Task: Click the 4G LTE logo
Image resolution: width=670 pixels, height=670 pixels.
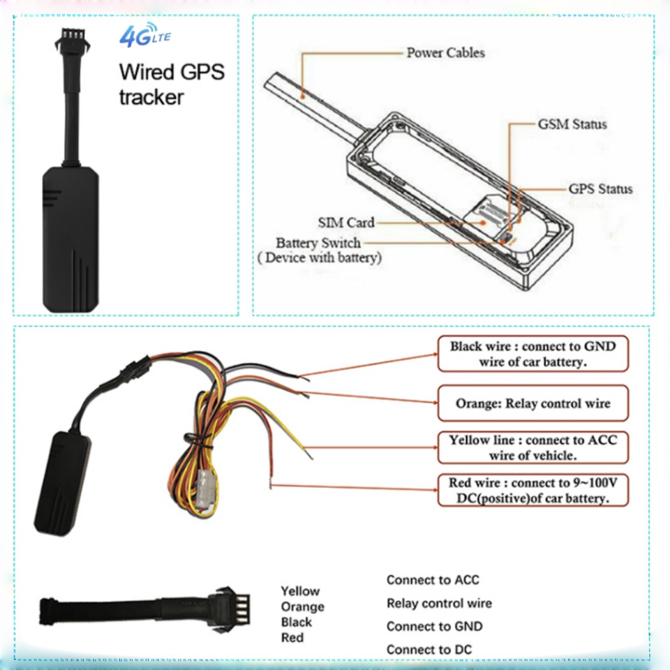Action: tap(145, 35)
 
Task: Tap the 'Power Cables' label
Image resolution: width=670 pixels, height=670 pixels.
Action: tap(445, 52)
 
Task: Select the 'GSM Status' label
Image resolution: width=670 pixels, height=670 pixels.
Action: tap(572, 124)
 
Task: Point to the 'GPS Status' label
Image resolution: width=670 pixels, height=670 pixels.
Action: tap(600, 189)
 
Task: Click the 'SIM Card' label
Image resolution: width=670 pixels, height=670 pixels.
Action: tap(346, 222)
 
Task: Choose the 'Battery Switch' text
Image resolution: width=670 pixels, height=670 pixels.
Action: tap(318, 243)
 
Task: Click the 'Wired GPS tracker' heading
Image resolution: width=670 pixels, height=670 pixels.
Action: tap(172, 84)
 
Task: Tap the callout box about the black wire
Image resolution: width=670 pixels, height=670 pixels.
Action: tap(533, 354)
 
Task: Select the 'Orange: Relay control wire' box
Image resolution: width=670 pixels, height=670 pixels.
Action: tap(533, 403)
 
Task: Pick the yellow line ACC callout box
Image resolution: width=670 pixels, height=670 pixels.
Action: tap(533, 447)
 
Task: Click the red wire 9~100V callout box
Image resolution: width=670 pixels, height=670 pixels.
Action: tap(533, 490)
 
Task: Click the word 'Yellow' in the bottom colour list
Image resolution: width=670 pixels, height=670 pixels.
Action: tap(300, 591)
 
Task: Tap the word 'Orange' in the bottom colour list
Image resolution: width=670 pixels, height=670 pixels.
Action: tap(302, 606)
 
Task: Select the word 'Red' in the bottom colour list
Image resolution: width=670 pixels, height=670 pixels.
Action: tap(292, 637)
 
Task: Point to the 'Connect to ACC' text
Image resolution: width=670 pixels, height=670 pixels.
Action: tap(433, 580)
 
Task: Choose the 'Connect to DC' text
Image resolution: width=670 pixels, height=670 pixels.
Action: tap(429, 650)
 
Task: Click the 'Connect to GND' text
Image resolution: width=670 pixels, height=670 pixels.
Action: tap(435, 626)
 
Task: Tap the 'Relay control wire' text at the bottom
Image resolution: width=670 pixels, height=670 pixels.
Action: tap(439, 603)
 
